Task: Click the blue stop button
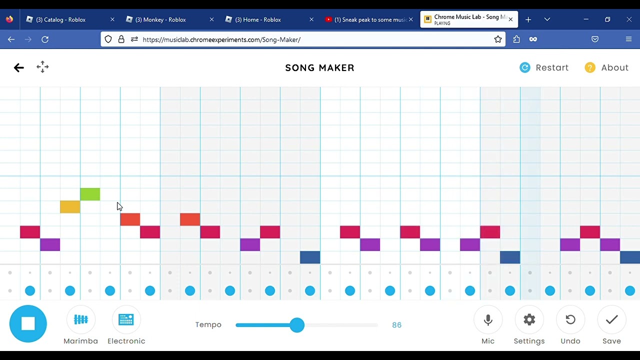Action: click(28, 323)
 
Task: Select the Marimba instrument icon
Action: click(81, 319)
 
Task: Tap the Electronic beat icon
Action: click(126, 319)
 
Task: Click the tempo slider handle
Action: click(297, 325)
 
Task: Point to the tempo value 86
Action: click(396, 325)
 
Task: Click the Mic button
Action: click(488, 319)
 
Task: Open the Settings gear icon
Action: click(529, 319)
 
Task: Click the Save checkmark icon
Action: click(611, 319)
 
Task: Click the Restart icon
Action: click(525, 67)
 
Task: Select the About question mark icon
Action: click(590, 67)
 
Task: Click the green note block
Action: click(90, 194)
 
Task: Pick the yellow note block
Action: click(70, 207)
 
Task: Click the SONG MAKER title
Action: click(319, 67)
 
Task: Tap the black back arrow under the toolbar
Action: click(19, 67)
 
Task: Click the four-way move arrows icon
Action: click(42, 67)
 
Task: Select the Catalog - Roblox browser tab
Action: click(60, 19)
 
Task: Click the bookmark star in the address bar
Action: click(497, 39)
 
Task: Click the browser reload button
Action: click(45, 39)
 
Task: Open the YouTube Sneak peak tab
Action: click(369, 19)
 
